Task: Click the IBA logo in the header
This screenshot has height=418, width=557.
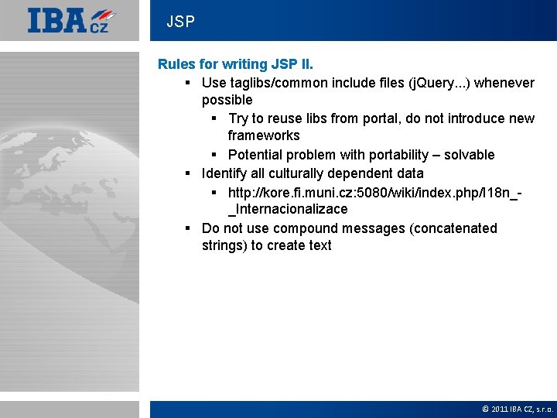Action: coord(71,20)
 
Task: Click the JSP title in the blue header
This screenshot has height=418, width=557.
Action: coord(180,22)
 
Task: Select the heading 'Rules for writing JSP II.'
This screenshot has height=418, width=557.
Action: coord(235,64)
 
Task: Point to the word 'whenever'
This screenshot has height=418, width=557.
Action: coord(504,83)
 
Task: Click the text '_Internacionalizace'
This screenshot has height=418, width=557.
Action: coord(287,209)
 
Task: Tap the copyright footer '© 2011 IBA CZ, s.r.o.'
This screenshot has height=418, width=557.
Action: coord(517,409)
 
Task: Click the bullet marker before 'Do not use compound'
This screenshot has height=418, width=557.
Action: coord(188,228)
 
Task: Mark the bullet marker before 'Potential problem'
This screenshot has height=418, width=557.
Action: coord(214,155)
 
